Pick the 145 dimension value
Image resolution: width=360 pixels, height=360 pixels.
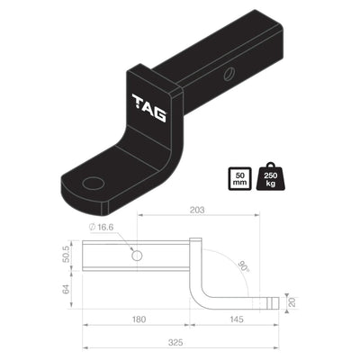tap(235, 319)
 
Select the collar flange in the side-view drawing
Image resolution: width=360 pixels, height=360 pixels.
tap(194, 256)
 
